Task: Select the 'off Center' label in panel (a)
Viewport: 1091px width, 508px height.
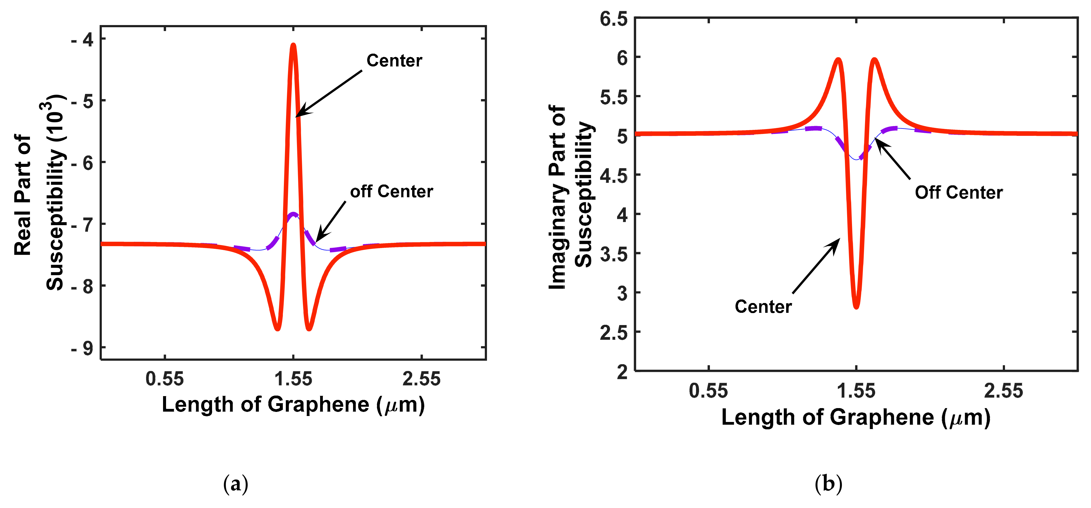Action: [x=391, y=191]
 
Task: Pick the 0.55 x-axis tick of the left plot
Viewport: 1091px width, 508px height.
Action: [x=165, y=378]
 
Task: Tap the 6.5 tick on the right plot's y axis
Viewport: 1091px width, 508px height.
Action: [x=614, y=19]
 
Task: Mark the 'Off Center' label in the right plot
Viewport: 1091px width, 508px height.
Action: [x=958, y=192]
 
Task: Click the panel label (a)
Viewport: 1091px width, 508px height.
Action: [x=235, y=483]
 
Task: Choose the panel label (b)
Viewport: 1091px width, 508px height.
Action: [x=828, y=483]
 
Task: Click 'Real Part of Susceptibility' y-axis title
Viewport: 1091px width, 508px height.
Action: [x=39, y=193]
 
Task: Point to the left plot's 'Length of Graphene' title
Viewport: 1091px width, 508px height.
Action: [x=293, y=404]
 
